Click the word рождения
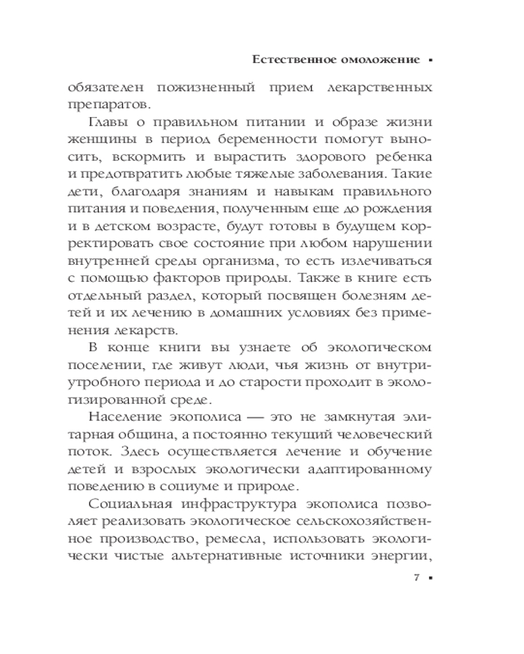(403, 209)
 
